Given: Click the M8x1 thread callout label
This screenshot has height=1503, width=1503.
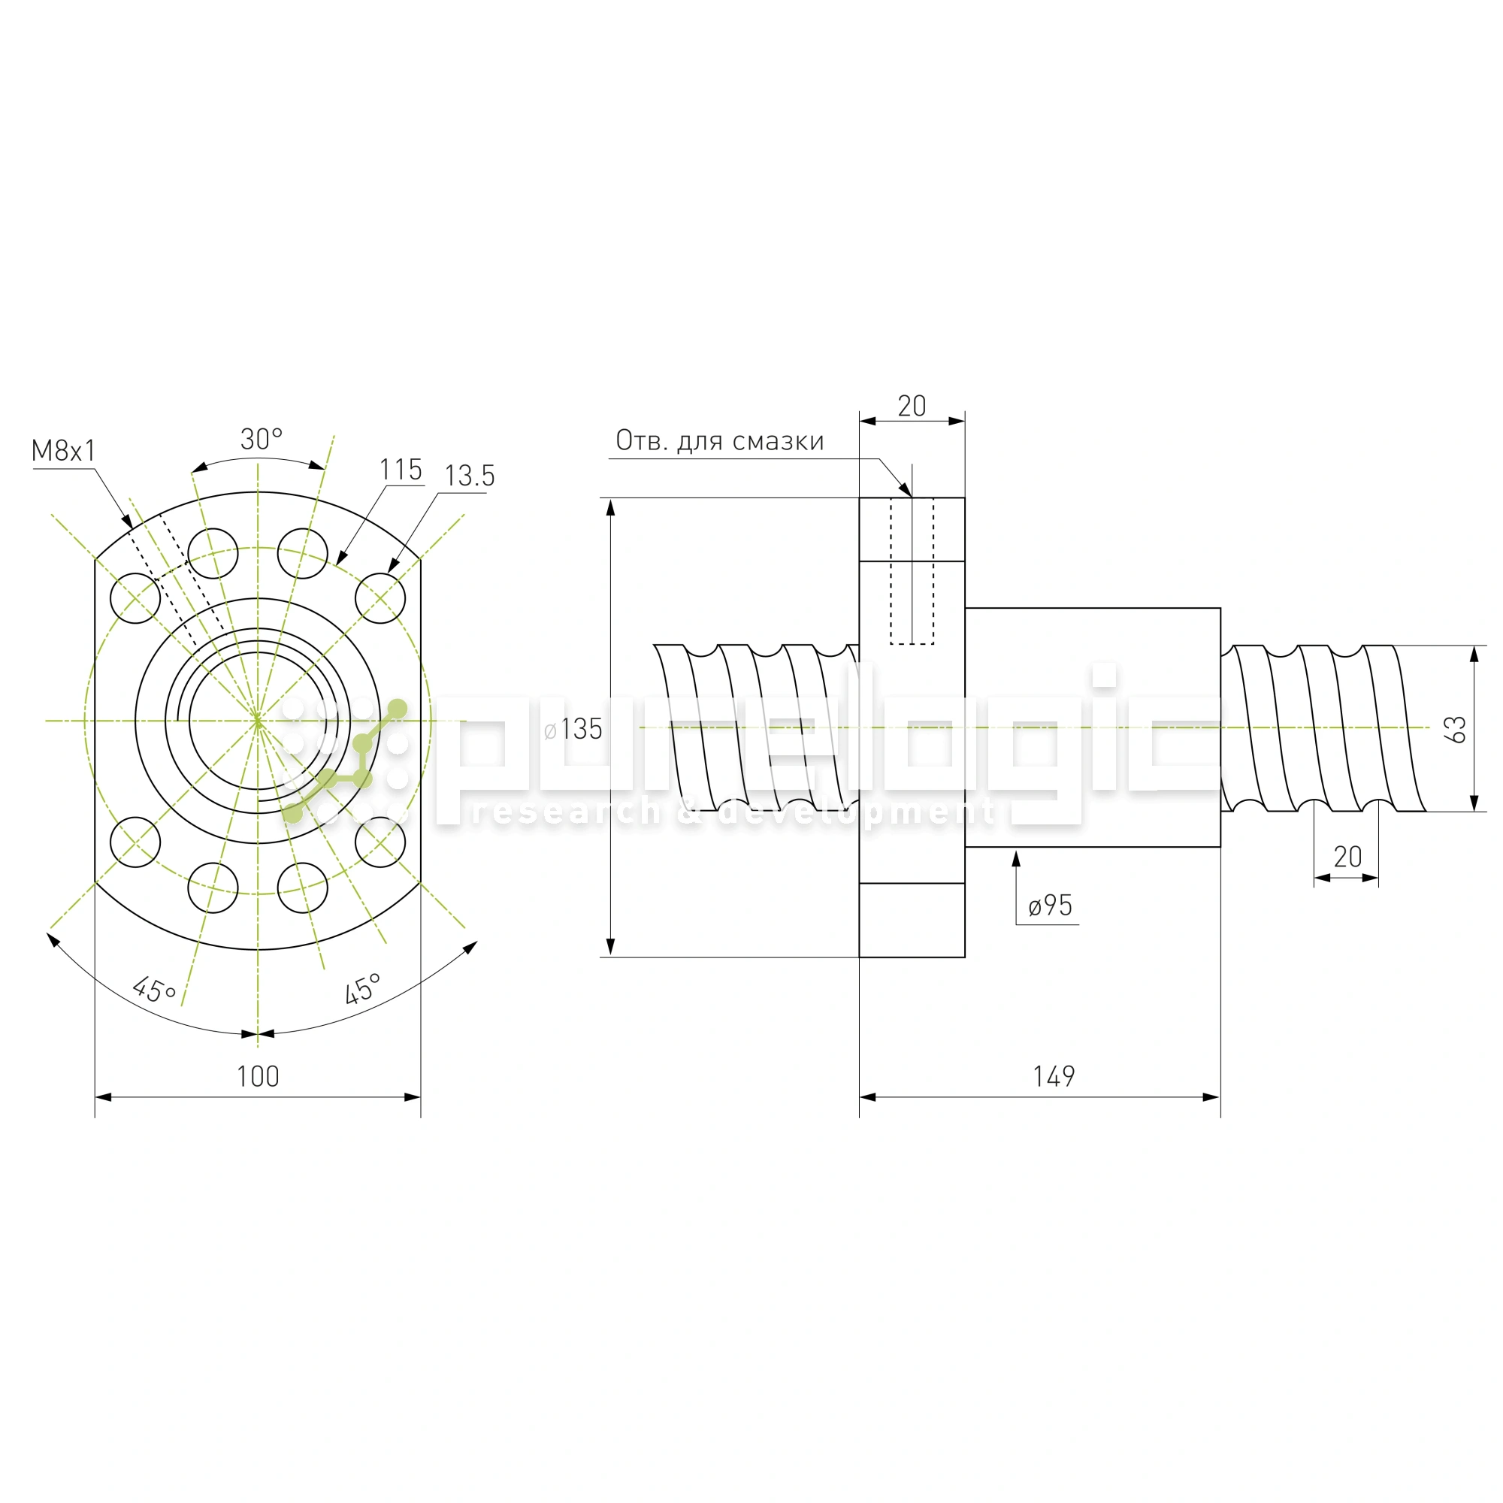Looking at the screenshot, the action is click(63, 450).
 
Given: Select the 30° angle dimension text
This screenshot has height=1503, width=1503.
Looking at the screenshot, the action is click(262, 440).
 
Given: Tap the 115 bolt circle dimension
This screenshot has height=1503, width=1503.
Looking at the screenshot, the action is click(401, 469).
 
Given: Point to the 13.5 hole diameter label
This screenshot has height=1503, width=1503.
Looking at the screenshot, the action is click(469, 476).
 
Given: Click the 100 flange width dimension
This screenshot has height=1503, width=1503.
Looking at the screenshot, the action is click(258, 1077).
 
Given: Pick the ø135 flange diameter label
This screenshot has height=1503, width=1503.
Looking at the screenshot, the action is click(573, 729).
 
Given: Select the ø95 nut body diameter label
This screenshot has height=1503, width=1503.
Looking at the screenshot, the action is click(1051, 906).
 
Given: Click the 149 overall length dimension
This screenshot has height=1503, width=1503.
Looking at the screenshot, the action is click(1054, 1077).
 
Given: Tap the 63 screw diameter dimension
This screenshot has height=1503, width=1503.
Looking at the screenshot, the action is click(1455, 729).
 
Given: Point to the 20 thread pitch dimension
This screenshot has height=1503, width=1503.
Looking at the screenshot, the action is click(1348, 857).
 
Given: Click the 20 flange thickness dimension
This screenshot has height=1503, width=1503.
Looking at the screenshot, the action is click(912, 406).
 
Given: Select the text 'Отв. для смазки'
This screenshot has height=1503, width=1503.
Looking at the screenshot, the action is click(720, 441).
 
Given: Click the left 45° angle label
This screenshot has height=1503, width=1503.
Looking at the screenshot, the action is click(154, 990).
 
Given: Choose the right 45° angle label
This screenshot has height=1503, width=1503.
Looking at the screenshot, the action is click(362, 989).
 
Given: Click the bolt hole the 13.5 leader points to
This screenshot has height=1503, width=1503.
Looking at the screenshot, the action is click(380, 598).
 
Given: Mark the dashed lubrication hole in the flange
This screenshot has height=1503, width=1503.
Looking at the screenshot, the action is click(912, 571).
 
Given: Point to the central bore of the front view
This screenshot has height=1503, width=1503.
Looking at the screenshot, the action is click(258, 721).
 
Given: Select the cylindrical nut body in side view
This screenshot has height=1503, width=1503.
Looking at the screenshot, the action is click(1092, 727).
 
